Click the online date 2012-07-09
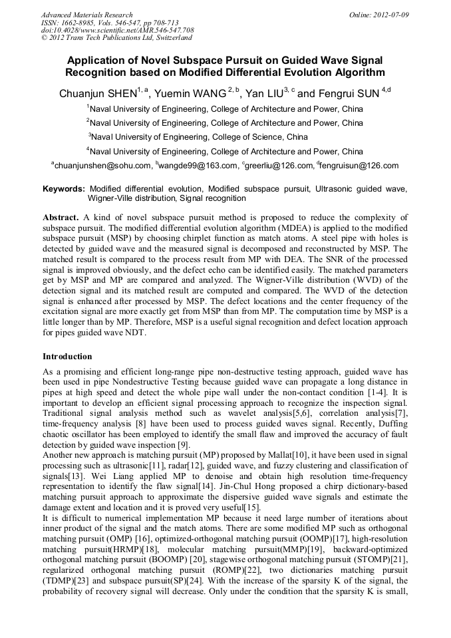coord(387,15)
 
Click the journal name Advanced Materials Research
coord(86,15)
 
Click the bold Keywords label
coord(64,189)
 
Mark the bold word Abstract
coord(61,218)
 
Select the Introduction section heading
coord(67,357)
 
